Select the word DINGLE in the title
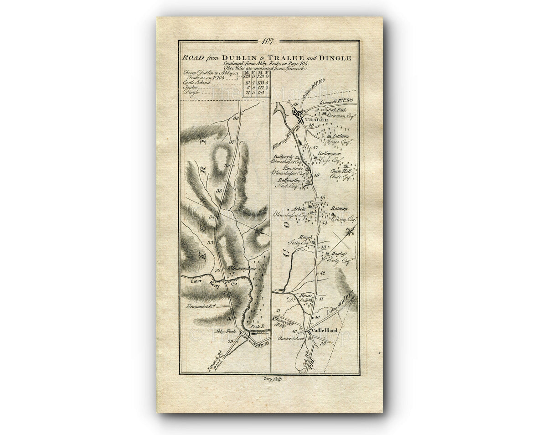335,58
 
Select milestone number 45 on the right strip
323,197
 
